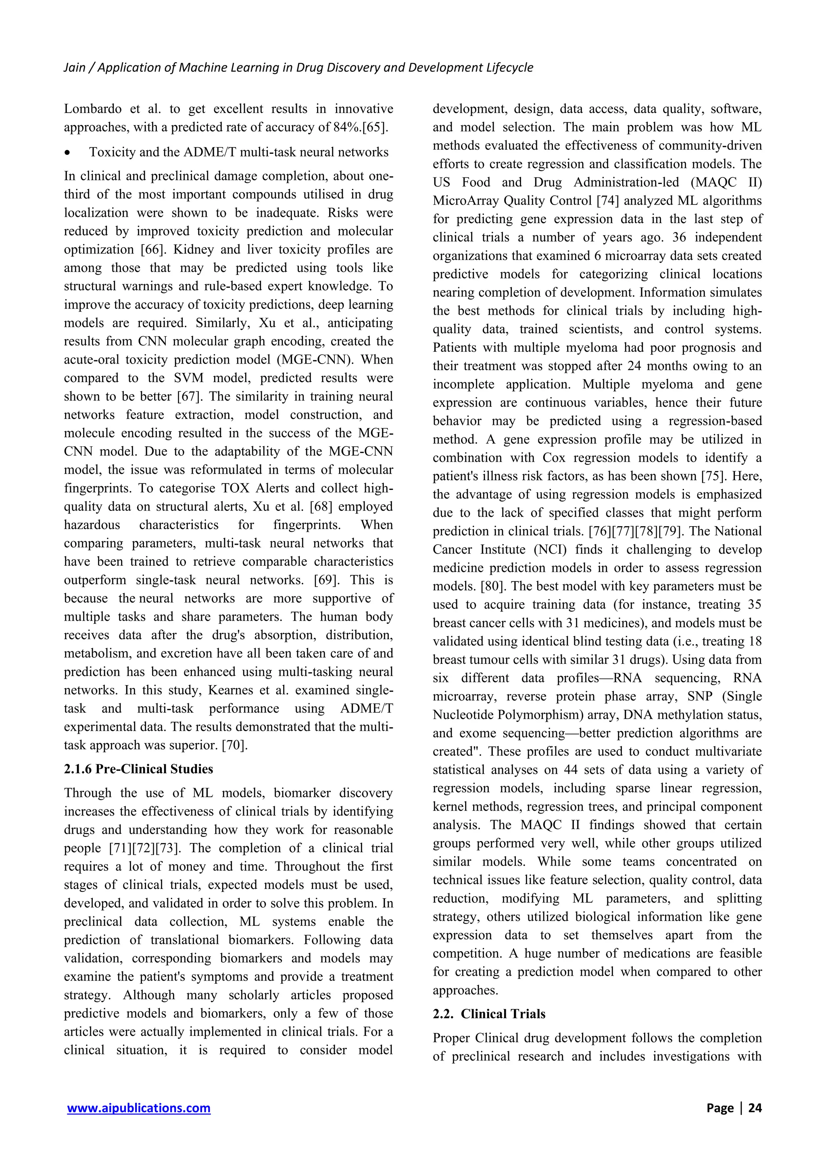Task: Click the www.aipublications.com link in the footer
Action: tap(138, 1107)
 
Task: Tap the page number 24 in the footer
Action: tap(755, 1107)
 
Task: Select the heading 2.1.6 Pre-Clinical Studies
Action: tap(138, 769)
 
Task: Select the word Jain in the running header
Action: tap(74, 68)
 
